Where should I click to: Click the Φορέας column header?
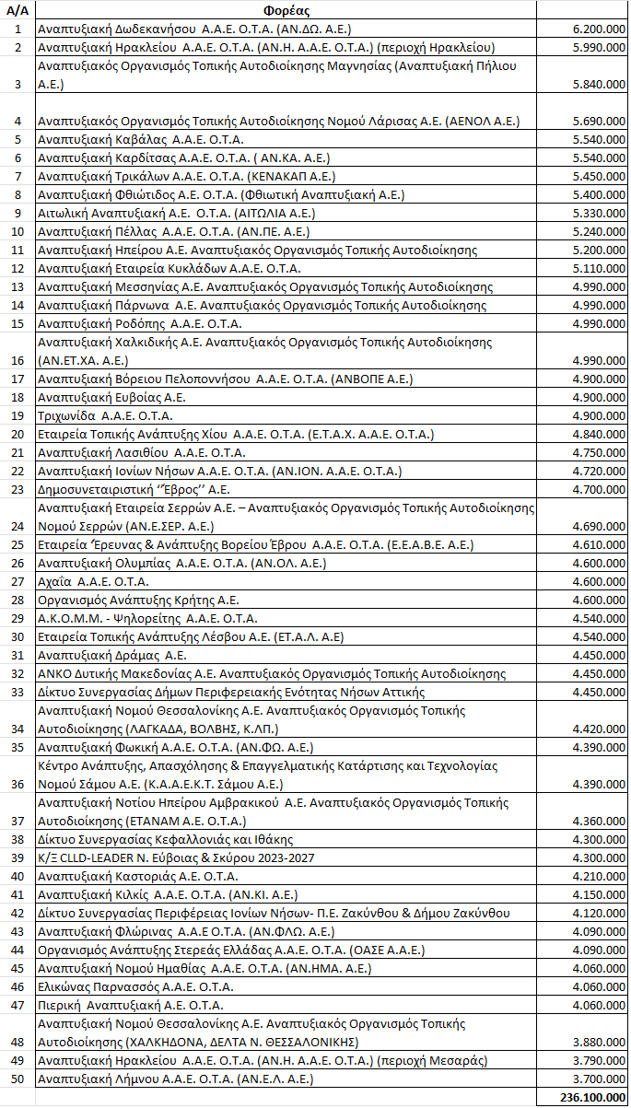(x=285, y=11)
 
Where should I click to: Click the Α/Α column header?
(x=18, y=11)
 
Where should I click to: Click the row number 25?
(x=18, y=545)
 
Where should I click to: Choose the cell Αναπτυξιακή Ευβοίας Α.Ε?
(x=111, y=397)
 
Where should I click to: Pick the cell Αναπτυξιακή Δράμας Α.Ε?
(x=111, y=655)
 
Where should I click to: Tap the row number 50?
(x=18, y=1079)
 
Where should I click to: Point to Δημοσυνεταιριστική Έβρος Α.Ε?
(x=134, y=489)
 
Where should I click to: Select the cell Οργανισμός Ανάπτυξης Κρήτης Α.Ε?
(x=138, y=600)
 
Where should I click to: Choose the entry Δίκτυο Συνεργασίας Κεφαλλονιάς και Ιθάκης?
(x=165, y=839)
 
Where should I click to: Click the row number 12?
(x=18, y=268)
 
